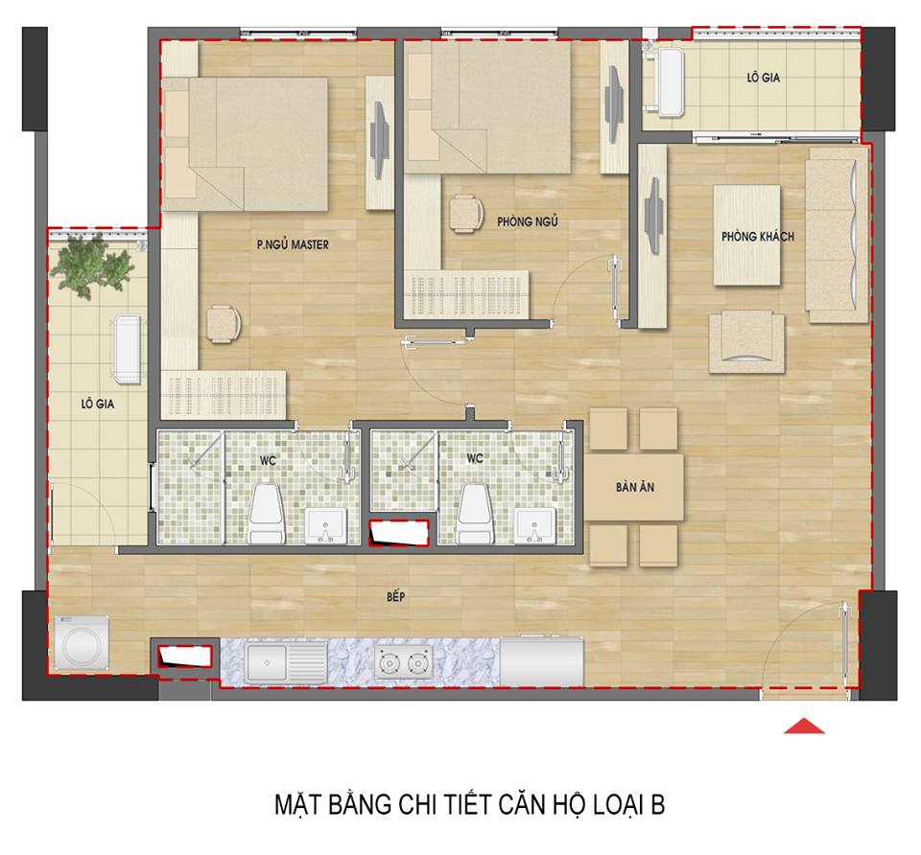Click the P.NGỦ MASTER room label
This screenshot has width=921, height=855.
pyautogui.click(x=293, y=244)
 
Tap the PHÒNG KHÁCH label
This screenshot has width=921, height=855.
pyautogui.click(x=758, y=237)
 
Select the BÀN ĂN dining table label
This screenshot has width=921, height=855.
pyautogui.click(x=635, y=487)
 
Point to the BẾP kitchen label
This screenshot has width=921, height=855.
pyautogui.click(x=396, y=596)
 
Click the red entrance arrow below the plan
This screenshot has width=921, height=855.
pyautogui.click(x=804, y=726)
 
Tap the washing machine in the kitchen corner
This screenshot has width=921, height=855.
pyautogui.click(x=82, y=642)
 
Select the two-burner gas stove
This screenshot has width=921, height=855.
pyautogui.click(x=404, y=662)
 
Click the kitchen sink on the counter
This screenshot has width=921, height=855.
pyautogui.click(x=286, y=662)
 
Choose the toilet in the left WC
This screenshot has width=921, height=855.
pyautogui.click(x=266, y=513)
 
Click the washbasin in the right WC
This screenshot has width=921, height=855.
pyautogui.click(x=534, y=525)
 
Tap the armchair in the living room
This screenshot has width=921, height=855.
pyautogui.click(x=746, y=342)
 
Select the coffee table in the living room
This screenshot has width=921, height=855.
pyautogui.click(x=747, y=235)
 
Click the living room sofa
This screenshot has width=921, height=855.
pyautogui.click(x=837, y=235)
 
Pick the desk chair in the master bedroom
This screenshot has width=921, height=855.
pyautogui.click(x=224, y=323)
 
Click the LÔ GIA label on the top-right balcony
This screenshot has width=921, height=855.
pyautogui.click(x=763, y=77)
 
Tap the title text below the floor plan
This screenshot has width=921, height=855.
pyautogui.click(x=469, y=804)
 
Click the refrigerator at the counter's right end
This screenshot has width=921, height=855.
pyautogui.click(x=541, y=661)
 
